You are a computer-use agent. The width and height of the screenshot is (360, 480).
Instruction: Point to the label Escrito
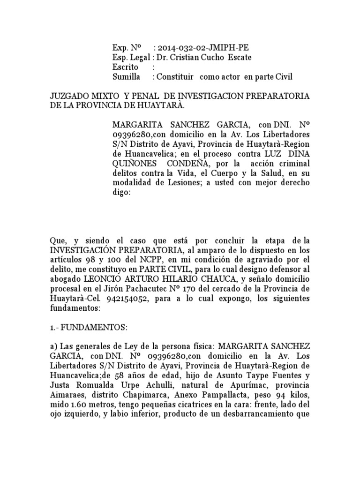coord(125,67)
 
